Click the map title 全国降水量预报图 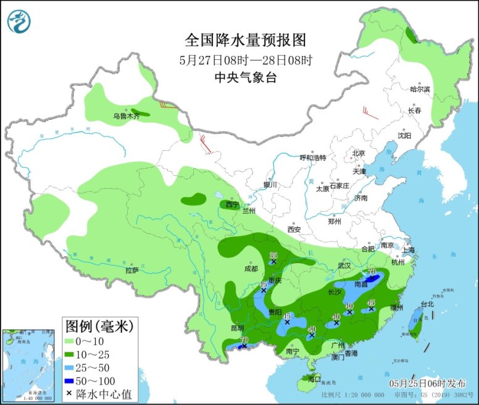[245, 41]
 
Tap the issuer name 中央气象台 [245, 77]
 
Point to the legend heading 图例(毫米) [98, 325]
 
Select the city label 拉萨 [132, 270]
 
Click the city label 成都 [251, 269]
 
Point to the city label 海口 [314, 378]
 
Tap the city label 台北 [427, 304]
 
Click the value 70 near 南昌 [372, 272]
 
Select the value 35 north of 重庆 [273, 256]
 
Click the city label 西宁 [231, 204]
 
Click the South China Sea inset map [29, 364]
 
